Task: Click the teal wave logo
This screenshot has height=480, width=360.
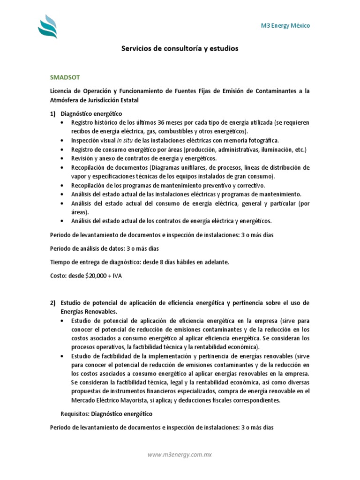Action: (47, 27)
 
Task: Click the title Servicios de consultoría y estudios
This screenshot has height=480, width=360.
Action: (180, 48)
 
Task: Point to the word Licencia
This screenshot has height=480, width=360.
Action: (62, 90)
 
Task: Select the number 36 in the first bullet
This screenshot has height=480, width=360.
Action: (170, 122)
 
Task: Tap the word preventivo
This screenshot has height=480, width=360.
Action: (218, 185)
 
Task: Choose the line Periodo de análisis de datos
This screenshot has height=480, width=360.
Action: (108, 248)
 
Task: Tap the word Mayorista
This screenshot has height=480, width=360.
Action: (127, 400)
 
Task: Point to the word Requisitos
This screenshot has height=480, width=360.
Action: (75, 414)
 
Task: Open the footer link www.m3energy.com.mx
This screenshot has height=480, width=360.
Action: (180, 454)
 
